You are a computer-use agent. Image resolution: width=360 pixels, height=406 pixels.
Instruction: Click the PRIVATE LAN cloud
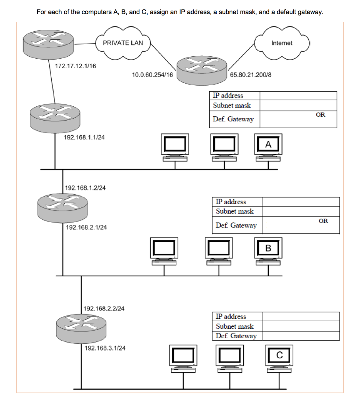[x=123, y=43]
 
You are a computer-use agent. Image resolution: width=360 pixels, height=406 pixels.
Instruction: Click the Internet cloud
[x=281, y=43]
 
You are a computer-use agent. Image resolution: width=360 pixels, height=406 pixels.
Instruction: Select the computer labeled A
[x=268, y=146]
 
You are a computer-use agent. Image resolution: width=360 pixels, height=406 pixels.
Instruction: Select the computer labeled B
[x=268, y=251]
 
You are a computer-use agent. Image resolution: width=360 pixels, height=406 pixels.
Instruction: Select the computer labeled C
[x=279, y=357]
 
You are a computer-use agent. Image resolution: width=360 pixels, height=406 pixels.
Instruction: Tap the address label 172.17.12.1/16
[x=75, y=66]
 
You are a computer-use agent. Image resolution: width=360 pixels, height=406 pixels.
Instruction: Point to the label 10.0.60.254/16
[x=152, y=75]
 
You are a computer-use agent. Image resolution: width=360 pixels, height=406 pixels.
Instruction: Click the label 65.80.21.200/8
[x=250, y=75]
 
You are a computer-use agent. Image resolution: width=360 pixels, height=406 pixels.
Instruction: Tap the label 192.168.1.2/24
[x=85, y=188]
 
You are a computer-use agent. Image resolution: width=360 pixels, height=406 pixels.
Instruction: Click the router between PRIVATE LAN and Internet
[x=202, y=67]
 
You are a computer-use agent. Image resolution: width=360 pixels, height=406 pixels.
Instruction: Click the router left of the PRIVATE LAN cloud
[x=49, y=43]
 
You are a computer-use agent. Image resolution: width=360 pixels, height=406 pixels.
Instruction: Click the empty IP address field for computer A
[x=298, y=96]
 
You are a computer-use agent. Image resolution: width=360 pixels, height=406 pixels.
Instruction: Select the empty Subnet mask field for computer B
[x=301, y=212]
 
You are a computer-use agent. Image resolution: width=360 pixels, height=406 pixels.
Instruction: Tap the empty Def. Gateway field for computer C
[x=301, y=336]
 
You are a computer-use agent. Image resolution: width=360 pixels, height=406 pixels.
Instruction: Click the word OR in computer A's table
[x=320, y=115]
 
